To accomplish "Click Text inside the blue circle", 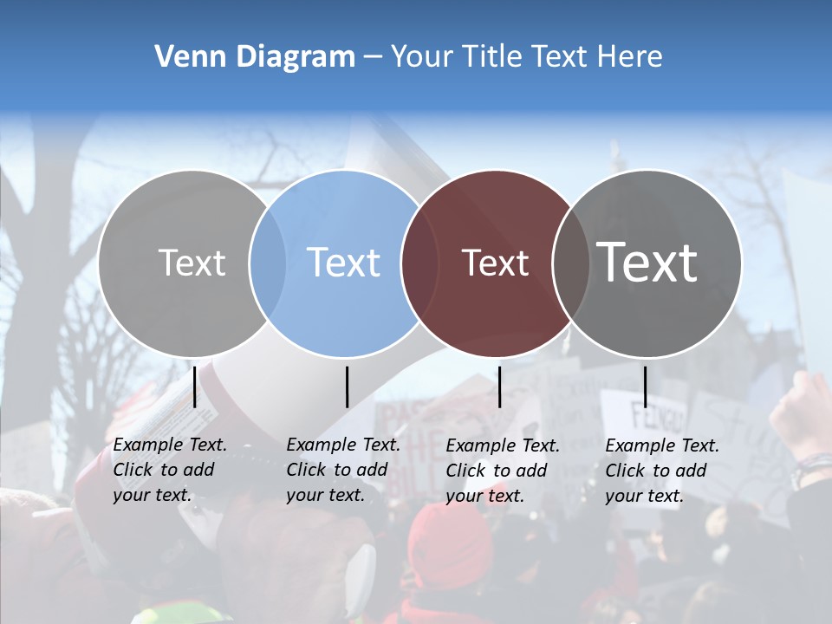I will point(344,263).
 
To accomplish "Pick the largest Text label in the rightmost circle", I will point(647,263).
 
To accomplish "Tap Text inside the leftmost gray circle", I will point(192,263).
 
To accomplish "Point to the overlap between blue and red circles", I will point(419,263).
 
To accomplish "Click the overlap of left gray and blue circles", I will point(268,263).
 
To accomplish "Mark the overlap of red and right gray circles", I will point(570,263).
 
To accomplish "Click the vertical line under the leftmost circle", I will point(195,387).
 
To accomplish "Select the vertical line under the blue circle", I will point(347,387).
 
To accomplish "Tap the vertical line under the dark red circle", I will point(500,387).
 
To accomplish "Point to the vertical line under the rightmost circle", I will point(645,387).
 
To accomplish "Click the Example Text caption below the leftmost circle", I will point(169,470).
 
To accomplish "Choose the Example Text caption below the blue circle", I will point(342,470).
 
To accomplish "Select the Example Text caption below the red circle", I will point(502,471).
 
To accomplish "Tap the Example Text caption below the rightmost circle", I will point(661,471).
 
